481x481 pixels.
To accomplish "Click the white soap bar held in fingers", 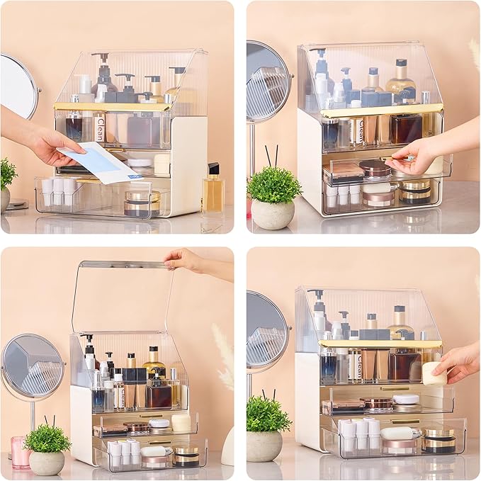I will (x=434, y=373).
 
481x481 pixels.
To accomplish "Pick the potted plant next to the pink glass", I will (x=47, y=450).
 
